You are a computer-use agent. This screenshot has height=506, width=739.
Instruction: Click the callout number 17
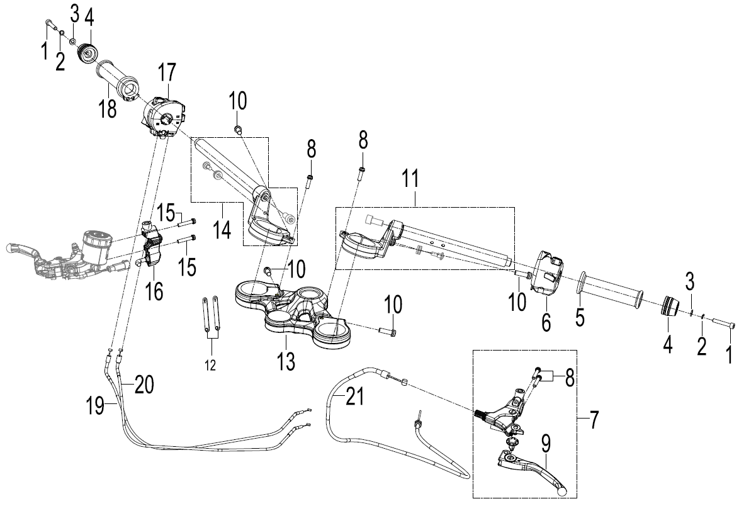point(167,72)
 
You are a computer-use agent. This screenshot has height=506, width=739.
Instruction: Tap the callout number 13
point(286,362)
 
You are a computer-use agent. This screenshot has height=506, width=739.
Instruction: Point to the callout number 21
point(355,396)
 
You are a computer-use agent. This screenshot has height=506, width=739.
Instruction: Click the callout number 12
point(210,365)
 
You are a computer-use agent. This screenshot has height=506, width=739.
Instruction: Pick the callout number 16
point(154,291)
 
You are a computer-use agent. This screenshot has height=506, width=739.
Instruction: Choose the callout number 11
point(410,179)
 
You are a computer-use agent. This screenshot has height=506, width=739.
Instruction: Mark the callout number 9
point(546,444)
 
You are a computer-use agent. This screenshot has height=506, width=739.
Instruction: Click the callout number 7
point(594,420)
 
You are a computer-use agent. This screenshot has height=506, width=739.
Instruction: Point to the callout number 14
point(222,230)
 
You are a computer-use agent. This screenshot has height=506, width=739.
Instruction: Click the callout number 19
point(96,405)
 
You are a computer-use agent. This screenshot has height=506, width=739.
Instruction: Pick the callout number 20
point(144,385)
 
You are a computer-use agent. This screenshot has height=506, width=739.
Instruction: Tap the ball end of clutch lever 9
point(561,490)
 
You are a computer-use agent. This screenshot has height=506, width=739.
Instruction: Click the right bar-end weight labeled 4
point(669,306)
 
